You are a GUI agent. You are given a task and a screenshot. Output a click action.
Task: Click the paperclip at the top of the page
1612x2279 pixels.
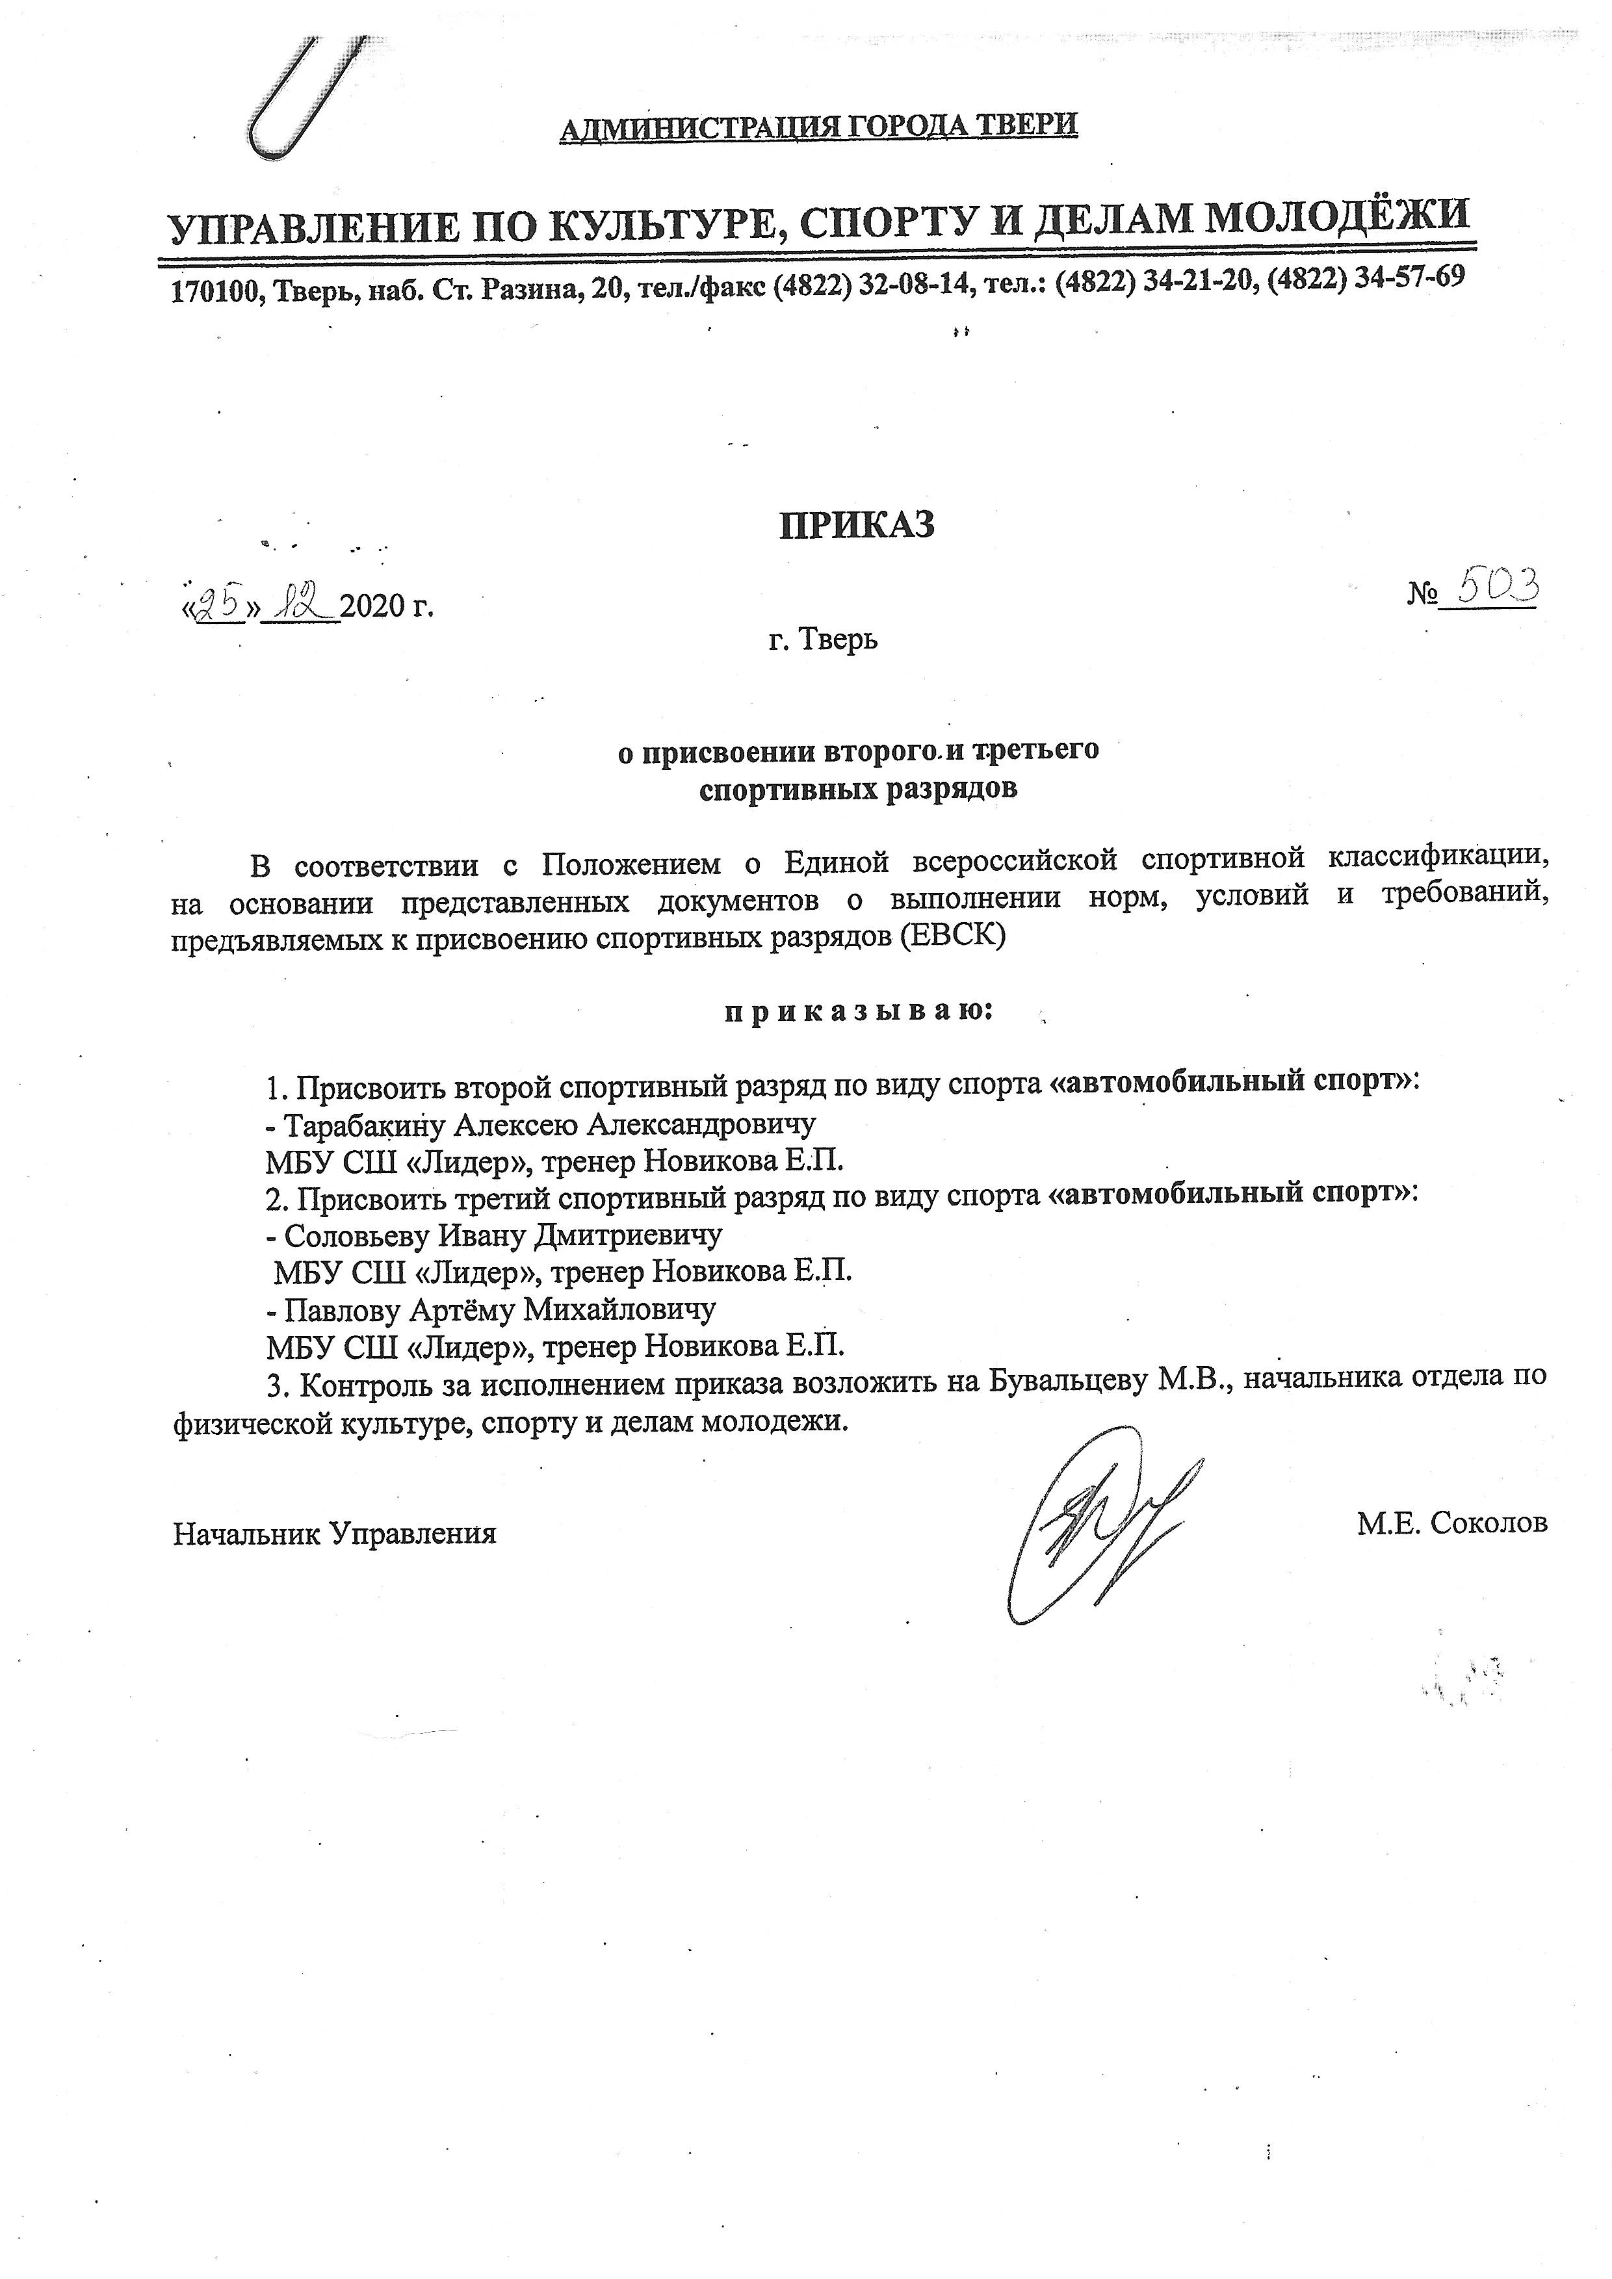(x=298, y=99)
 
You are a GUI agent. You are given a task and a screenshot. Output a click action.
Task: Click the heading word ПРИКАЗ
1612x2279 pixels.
(x=855, y=524)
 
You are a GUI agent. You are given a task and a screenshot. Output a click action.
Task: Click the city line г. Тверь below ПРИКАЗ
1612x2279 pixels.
(x=823, y=640)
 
